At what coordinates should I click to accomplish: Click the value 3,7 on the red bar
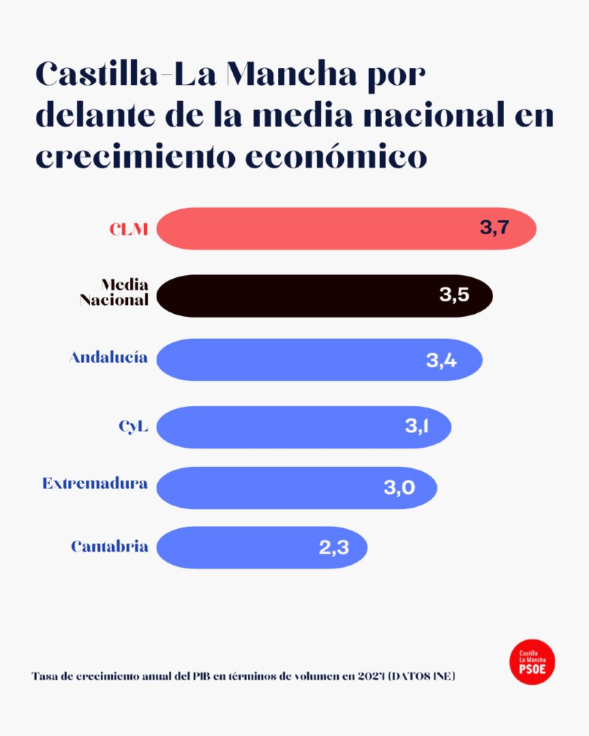(x=494, y=228)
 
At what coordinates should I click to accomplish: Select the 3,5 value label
(x=454, y=295)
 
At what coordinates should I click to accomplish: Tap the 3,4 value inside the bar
(x=441, y=361)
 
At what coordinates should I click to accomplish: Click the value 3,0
(x=399, y=488)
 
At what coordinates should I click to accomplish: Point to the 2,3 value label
(x=334, y=547)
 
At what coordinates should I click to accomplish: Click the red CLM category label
(x=129, y=229)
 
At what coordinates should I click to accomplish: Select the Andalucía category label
(x=108, y=357)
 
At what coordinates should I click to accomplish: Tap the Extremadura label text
(x=95, y=484)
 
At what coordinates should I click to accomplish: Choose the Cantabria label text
(x=109, y=547)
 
